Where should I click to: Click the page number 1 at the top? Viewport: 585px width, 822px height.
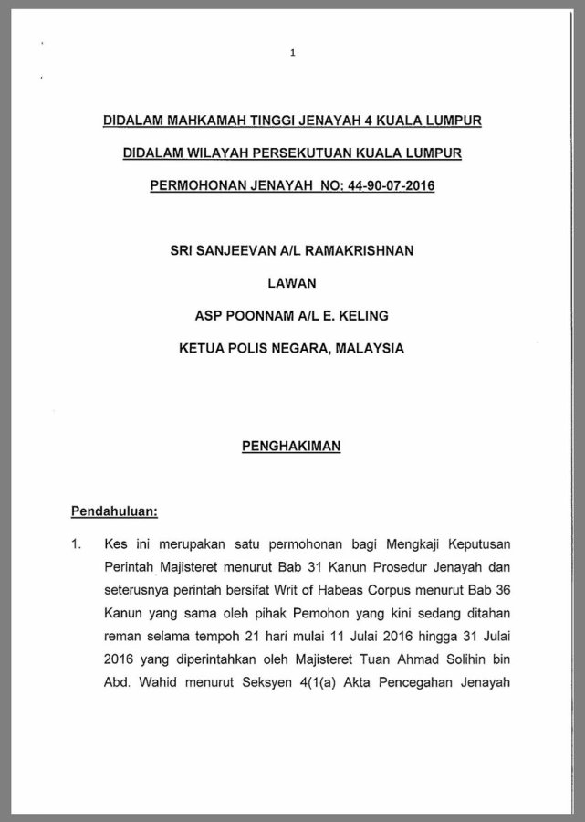292,53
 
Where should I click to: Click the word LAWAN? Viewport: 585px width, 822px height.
292,283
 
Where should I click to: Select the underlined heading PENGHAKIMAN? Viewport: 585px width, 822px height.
292,447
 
